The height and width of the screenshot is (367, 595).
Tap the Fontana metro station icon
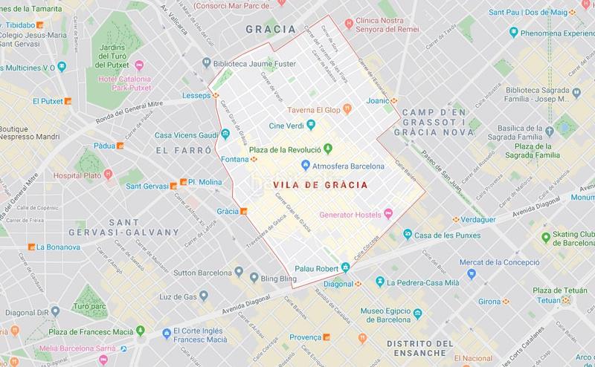coord(254,158)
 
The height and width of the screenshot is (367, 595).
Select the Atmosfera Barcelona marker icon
coord(306,164)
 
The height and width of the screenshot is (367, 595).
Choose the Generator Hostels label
coord(349,215)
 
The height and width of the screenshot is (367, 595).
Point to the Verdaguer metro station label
coord(468,220)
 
